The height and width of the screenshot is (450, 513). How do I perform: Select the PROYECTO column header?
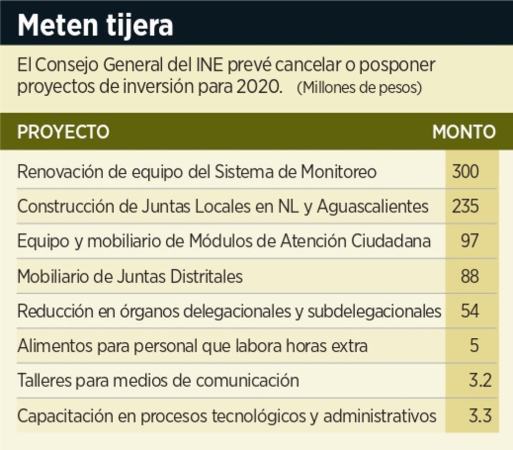[63, 132]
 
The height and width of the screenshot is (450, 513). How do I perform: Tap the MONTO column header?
[464, 132]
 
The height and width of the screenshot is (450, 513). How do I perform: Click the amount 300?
[465, 171]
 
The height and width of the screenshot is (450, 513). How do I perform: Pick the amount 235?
[465, 206]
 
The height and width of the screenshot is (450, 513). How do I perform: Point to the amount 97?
[469, 241]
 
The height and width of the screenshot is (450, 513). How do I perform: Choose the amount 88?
[469, 276]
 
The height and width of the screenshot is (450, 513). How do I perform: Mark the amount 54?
[470, 311]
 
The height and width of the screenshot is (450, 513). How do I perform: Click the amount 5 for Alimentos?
[474, 346]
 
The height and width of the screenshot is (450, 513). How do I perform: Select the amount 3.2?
[480, 381]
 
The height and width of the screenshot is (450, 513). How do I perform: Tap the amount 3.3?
[480, 416]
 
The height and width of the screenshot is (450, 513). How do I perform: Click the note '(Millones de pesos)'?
[359, 88]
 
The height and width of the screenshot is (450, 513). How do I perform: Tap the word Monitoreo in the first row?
[338, 171]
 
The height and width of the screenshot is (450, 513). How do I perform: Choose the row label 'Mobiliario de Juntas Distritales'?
[130, 276]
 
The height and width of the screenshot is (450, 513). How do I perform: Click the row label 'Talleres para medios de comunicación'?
[158, 381]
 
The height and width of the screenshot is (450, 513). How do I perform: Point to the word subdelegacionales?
[374, 311]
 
